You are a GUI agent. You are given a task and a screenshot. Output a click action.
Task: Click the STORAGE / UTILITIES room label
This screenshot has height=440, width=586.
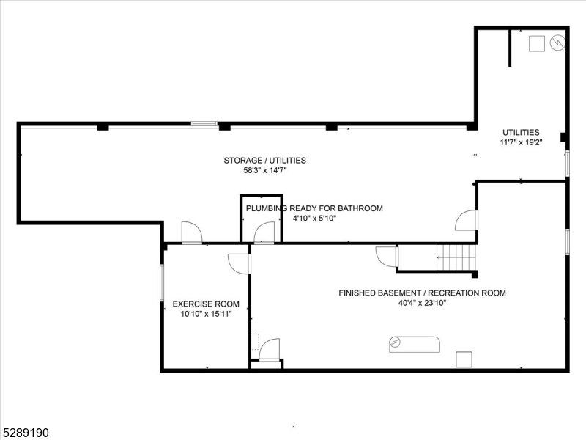pyautogui.click(x=264, y=160)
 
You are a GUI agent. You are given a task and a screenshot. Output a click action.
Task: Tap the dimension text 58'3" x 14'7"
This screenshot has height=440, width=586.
pyautogui.click(x=264, y=170)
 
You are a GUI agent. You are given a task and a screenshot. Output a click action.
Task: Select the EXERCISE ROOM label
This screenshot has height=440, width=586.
pyautogui.click(x=206, y=304)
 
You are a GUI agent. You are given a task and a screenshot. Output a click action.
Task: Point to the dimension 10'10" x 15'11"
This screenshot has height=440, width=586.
pyautogui.click(x=206, y=314)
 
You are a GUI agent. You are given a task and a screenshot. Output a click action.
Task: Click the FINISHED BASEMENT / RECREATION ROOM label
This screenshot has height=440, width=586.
pyautogui.click(x=422, y=293)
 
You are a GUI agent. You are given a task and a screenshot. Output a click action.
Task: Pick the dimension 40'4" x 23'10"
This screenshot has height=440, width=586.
pyautogui.click(x=422, y=303)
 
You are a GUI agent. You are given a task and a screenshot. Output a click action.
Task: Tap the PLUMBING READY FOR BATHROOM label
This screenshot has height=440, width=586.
pyautogui.click(x=314, y=208)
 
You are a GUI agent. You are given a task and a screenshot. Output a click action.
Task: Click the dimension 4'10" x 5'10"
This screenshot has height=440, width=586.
pyautogui.click(x=314, y=219)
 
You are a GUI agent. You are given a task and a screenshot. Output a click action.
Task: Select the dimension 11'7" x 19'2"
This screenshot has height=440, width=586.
pyautogui.click(x=520, y=142)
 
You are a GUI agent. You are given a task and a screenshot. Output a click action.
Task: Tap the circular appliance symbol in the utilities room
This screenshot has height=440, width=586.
pyautogui.click(x=558, y=43)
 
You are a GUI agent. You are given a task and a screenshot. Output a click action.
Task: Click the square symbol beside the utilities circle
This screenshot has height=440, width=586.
pyautogui.click(x=538, y=44)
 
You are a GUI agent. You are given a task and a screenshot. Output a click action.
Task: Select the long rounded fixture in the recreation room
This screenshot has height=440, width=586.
pyautogui.click(x=414, y=343)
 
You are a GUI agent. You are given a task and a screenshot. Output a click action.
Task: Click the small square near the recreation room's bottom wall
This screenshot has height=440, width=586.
pyautogui.click(x=464, y=359)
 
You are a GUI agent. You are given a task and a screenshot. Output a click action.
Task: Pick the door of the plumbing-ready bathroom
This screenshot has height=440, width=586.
pyautogui.click(x=264, y=234)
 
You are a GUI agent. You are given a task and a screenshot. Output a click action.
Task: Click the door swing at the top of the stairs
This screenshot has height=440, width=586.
pyautogui.click(x=385, y=256)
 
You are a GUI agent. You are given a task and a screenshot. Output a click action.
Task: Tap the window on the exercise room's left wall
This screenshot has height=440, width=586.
pyautogui.click(x=163, y=282)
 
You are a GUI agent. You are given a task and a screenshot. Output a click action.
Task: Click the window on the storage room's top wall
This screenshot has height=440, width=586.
pyautogui.click(x=204, y=124)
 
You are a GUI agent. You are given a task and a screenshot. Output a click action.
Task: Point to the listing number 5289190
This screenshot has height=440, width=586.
pyautogui.click(x=26, y=433)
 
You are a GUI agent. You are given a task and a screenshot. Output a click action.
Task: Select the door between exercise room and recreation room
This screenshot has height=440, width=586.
pyautogui.click(x=239, y=263)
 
